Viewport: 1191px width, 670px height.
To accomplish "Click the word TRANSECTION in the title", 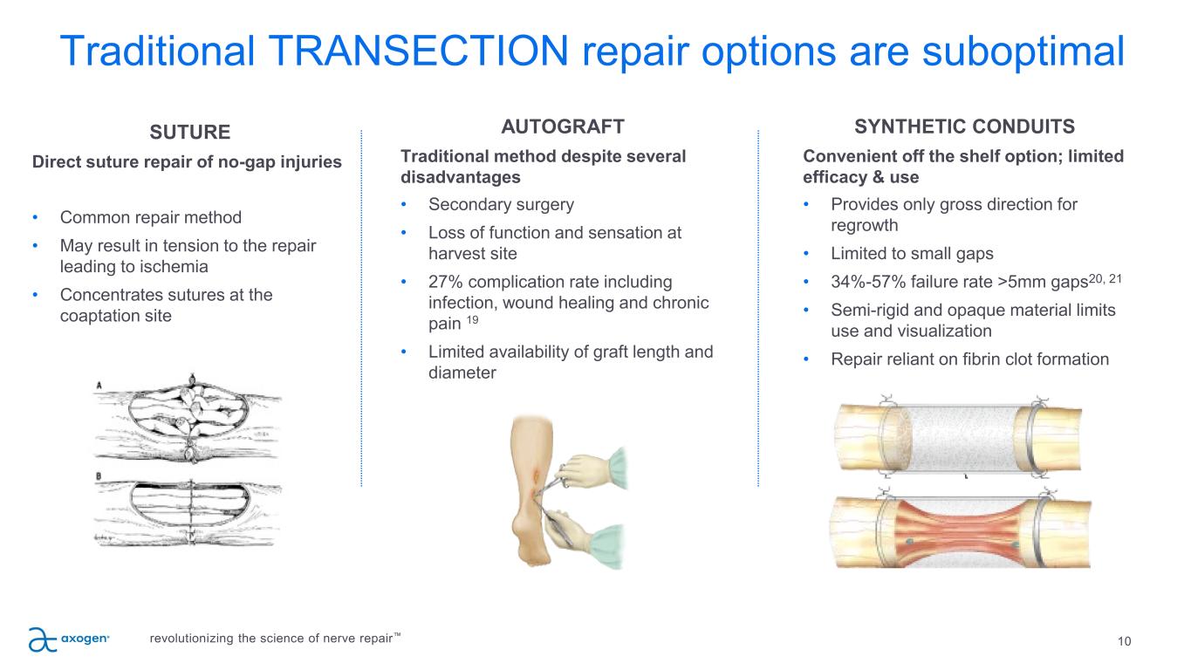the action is [x=419, y=51].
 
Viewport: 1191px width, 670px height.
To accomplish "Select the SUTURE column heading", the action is [x=190, y=132].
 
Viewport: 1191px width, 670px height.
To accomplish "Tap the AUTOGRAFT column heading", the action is [x=563, y=126].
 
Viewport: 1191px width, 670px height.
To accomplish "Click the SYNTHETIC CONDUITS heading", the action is [x=964, y=126].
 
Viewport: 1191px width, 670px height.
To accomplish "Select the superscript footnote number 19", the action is [x=472, y=320].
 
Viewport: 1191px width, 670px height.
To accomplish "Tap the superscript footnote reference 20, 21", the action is [x=1105, y=278].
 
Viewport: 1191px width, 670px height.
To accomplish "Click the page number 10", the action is [x=1124, y=641].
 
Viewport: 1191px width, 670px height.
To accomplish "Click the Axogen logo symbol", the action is [x=43, y=639].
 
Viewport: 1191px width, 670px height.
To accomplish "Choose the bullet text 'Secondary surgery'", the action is [x=501, y=205].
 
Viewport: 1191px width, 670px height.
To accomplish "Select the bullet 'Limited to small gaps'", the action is [x=912, y=254].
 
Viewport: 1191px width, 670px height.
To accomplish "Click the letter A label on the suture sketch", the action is [x=99, y=385].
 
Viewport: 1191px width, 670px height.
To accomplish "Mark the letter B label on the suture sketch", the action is [x=99, y=476].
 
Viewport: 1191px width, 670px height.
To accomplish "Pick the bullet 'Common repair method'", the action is [x=150, y=217].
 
